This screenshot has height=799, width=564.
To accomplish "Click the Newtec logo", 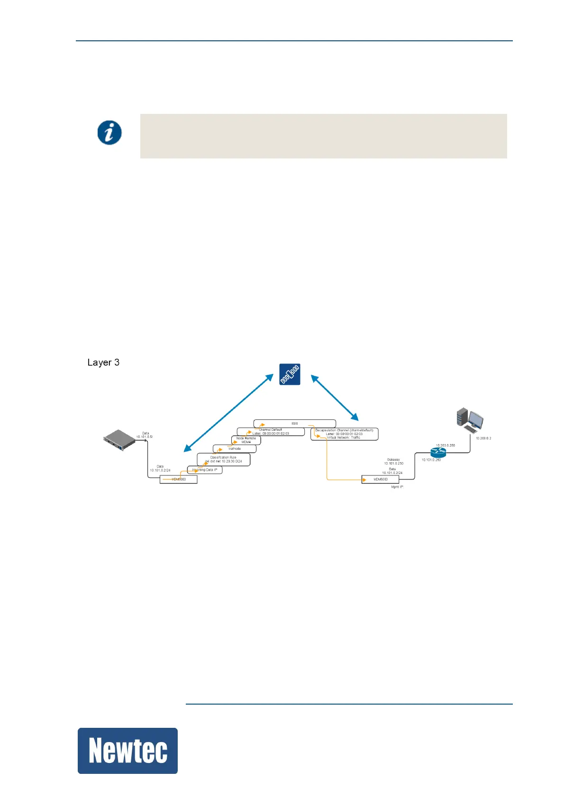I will click(x=127, y=751).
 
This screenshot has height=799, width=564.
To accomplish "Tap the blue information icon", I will click(x=109, y=132).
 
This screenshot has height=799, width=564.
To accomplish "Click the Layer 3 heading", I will click(x=103, y=362).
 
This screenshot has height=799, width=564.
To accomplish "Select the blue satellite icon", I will click(x=290, y=374).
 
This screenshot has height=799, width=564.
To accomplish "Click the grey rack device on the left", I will click(x=119, y=440).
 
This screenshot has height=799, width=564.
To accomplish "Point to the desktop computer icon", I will click(x=470, y=421).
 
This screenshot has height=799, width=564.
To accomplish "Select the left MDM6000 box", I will click(x=178, y=479).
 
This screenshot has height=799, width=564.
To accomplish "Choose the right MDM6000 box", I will click(x=380, y=480).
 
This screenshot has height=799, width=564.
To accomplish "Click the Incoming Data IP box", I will click(x=205, y=470).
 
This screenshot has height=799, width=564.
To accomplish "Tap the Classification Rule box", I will click(x=223, y=459).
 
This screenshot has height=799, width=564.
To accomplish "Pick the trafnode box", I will click(x=235, y=448).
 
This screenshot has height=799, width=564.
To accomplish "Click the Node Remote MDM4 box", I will click(x=246, y=440).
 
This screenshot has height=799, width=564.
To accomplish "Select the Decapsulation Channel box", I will click(x=344, y=434).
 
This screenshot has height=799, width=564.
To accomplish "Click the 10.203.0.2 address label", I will click(x=483, y=438).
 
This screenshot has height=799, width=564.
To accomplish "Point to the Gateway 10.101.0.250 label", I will click(x=393, y=461).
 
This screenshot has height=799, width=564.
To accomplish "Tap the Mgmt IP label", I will click(x=397, y=487).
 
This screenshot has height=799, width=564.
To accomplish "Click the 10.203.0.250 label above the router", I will click(x=445, y=446).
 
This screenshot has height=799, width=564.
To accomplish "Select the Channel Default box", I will click(x=271, y=432).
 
